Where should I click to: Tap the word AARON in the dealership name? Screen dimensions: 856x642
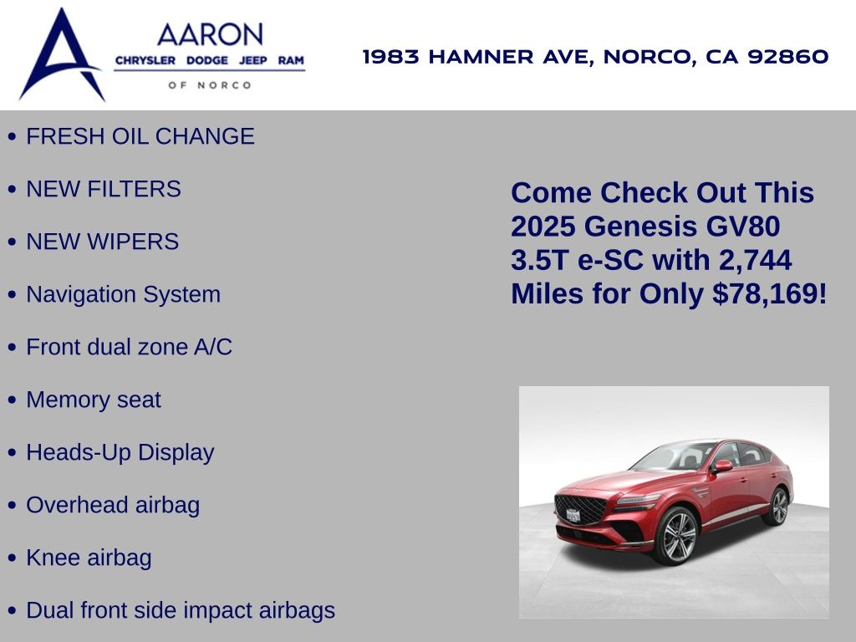point(210,34)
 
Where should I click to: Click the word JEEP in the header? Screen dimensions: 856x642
point(252,60)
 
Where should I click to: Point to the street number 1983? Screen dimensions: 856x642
point(391,56)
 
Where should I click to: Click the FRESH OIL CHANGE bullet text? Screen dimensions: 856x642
point(140,136)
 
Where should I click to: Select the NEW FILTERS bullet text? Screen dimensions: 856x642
point(104,189)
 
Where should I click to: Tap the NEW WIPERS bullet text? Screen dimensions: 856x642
point(103,242)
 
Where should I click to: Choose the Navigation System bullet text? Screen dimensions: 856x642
point(124,295)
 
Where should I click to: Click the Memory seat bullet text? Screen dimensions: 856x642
point(94,400)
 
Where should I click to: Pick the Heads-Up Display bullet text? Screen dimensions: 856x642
point(120,453)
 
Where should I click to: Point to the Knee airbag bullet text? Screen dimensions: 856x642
point(89,558)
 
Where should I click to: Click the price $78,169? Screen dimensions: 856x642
point(770,293)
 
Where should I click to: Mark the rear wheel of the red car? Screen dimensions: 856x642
point(779,506)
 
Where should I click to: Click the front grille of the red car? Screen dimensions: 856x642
point(580,509)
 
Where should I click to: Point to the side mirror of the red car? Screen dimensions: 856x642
point(723,466)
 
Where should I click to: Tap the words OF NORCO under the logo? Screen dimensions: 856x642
point(210,85)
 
